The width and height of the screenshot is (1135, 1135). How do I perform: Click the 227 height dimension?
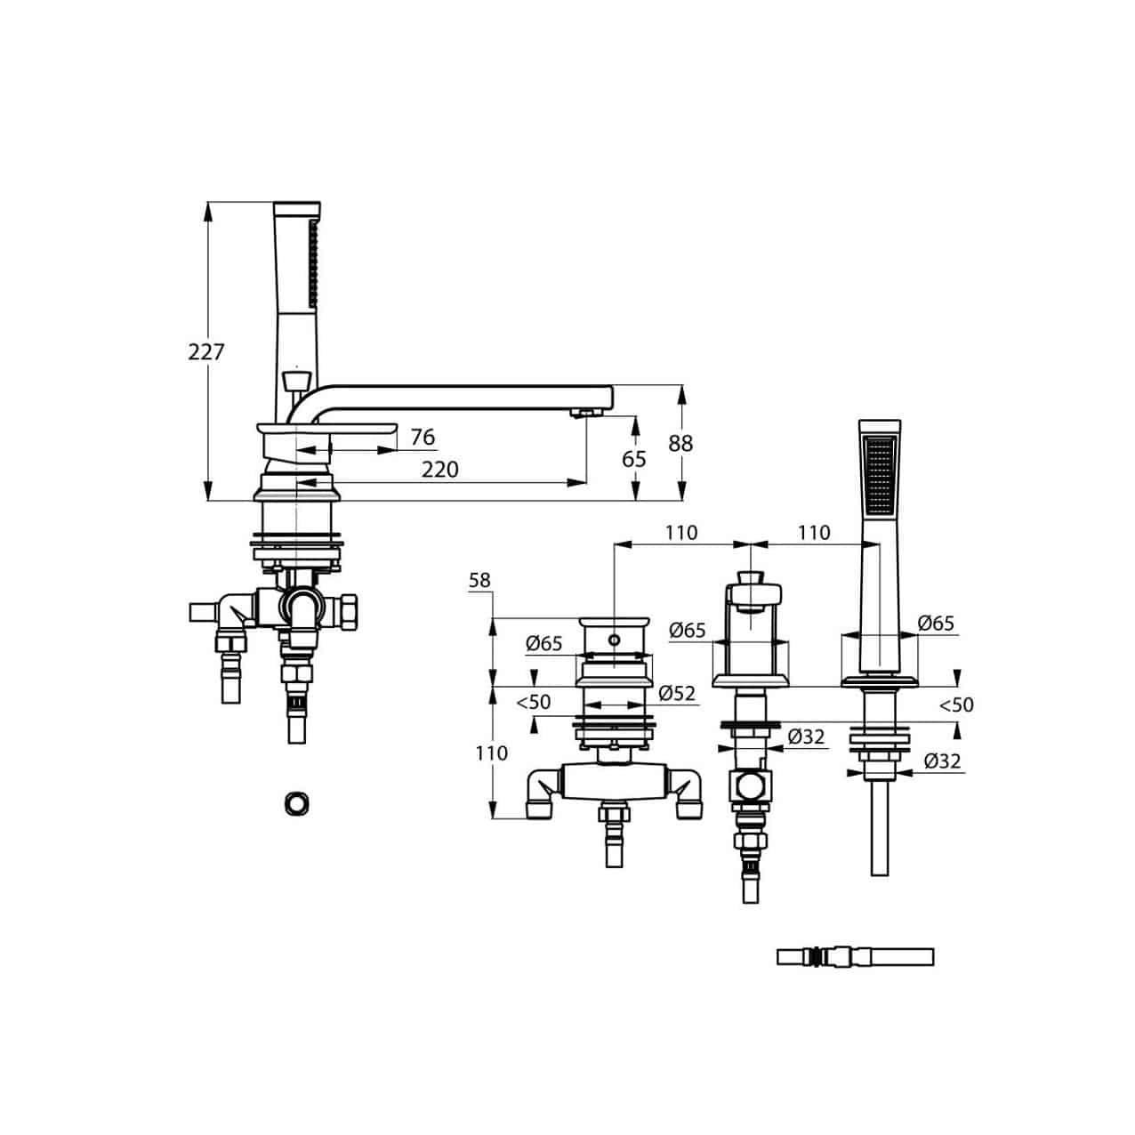click(206, 351)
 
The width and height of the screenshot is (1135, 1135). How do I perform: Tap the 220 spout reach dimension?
click(440, 470)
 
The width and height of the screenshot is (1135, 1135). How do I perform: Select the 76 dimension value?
click(423, 437)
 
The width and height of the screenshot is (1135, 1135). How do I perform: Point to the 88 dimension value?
click(680, 444)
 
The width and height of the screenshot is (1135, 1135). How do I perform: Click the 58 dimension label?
click(479, 581)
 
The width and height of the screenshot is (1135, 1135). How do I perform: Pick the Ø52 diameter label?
click(677, 694)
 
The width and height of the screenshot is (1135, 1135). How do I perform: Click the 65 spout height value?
click(633, 459)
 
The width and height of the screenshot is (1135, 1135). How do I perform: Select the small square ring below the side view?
click(296, 804)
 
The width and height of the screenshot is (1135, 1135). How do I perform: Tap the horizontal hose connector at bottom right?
click(855, 956)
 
